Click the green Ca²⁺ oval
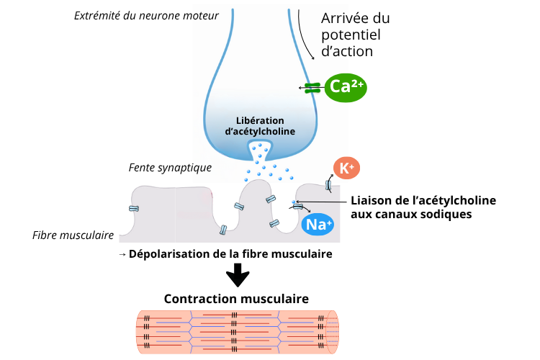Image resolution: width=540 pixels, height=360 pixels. (346, 87)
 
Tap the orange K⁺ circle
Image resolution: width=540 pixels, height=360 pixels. (346, 168)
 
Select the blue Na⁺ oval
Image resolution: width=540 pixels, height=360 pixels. (318, 225)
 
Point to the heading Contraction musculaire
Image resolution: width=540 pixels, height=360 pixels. (236, 298)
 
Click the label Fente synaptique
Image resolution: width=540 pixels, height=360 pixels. (170, 167)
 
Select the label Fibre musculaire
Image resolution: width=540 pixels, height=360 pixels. (73, 235)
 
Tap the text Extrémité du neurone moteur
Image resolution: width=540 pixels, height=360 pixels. (146, 15)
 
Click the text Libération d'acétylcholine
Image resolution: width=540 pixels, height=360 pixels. (260, 125)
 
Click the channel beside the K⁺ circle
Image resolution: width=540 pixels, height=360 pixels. (329, 185)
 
